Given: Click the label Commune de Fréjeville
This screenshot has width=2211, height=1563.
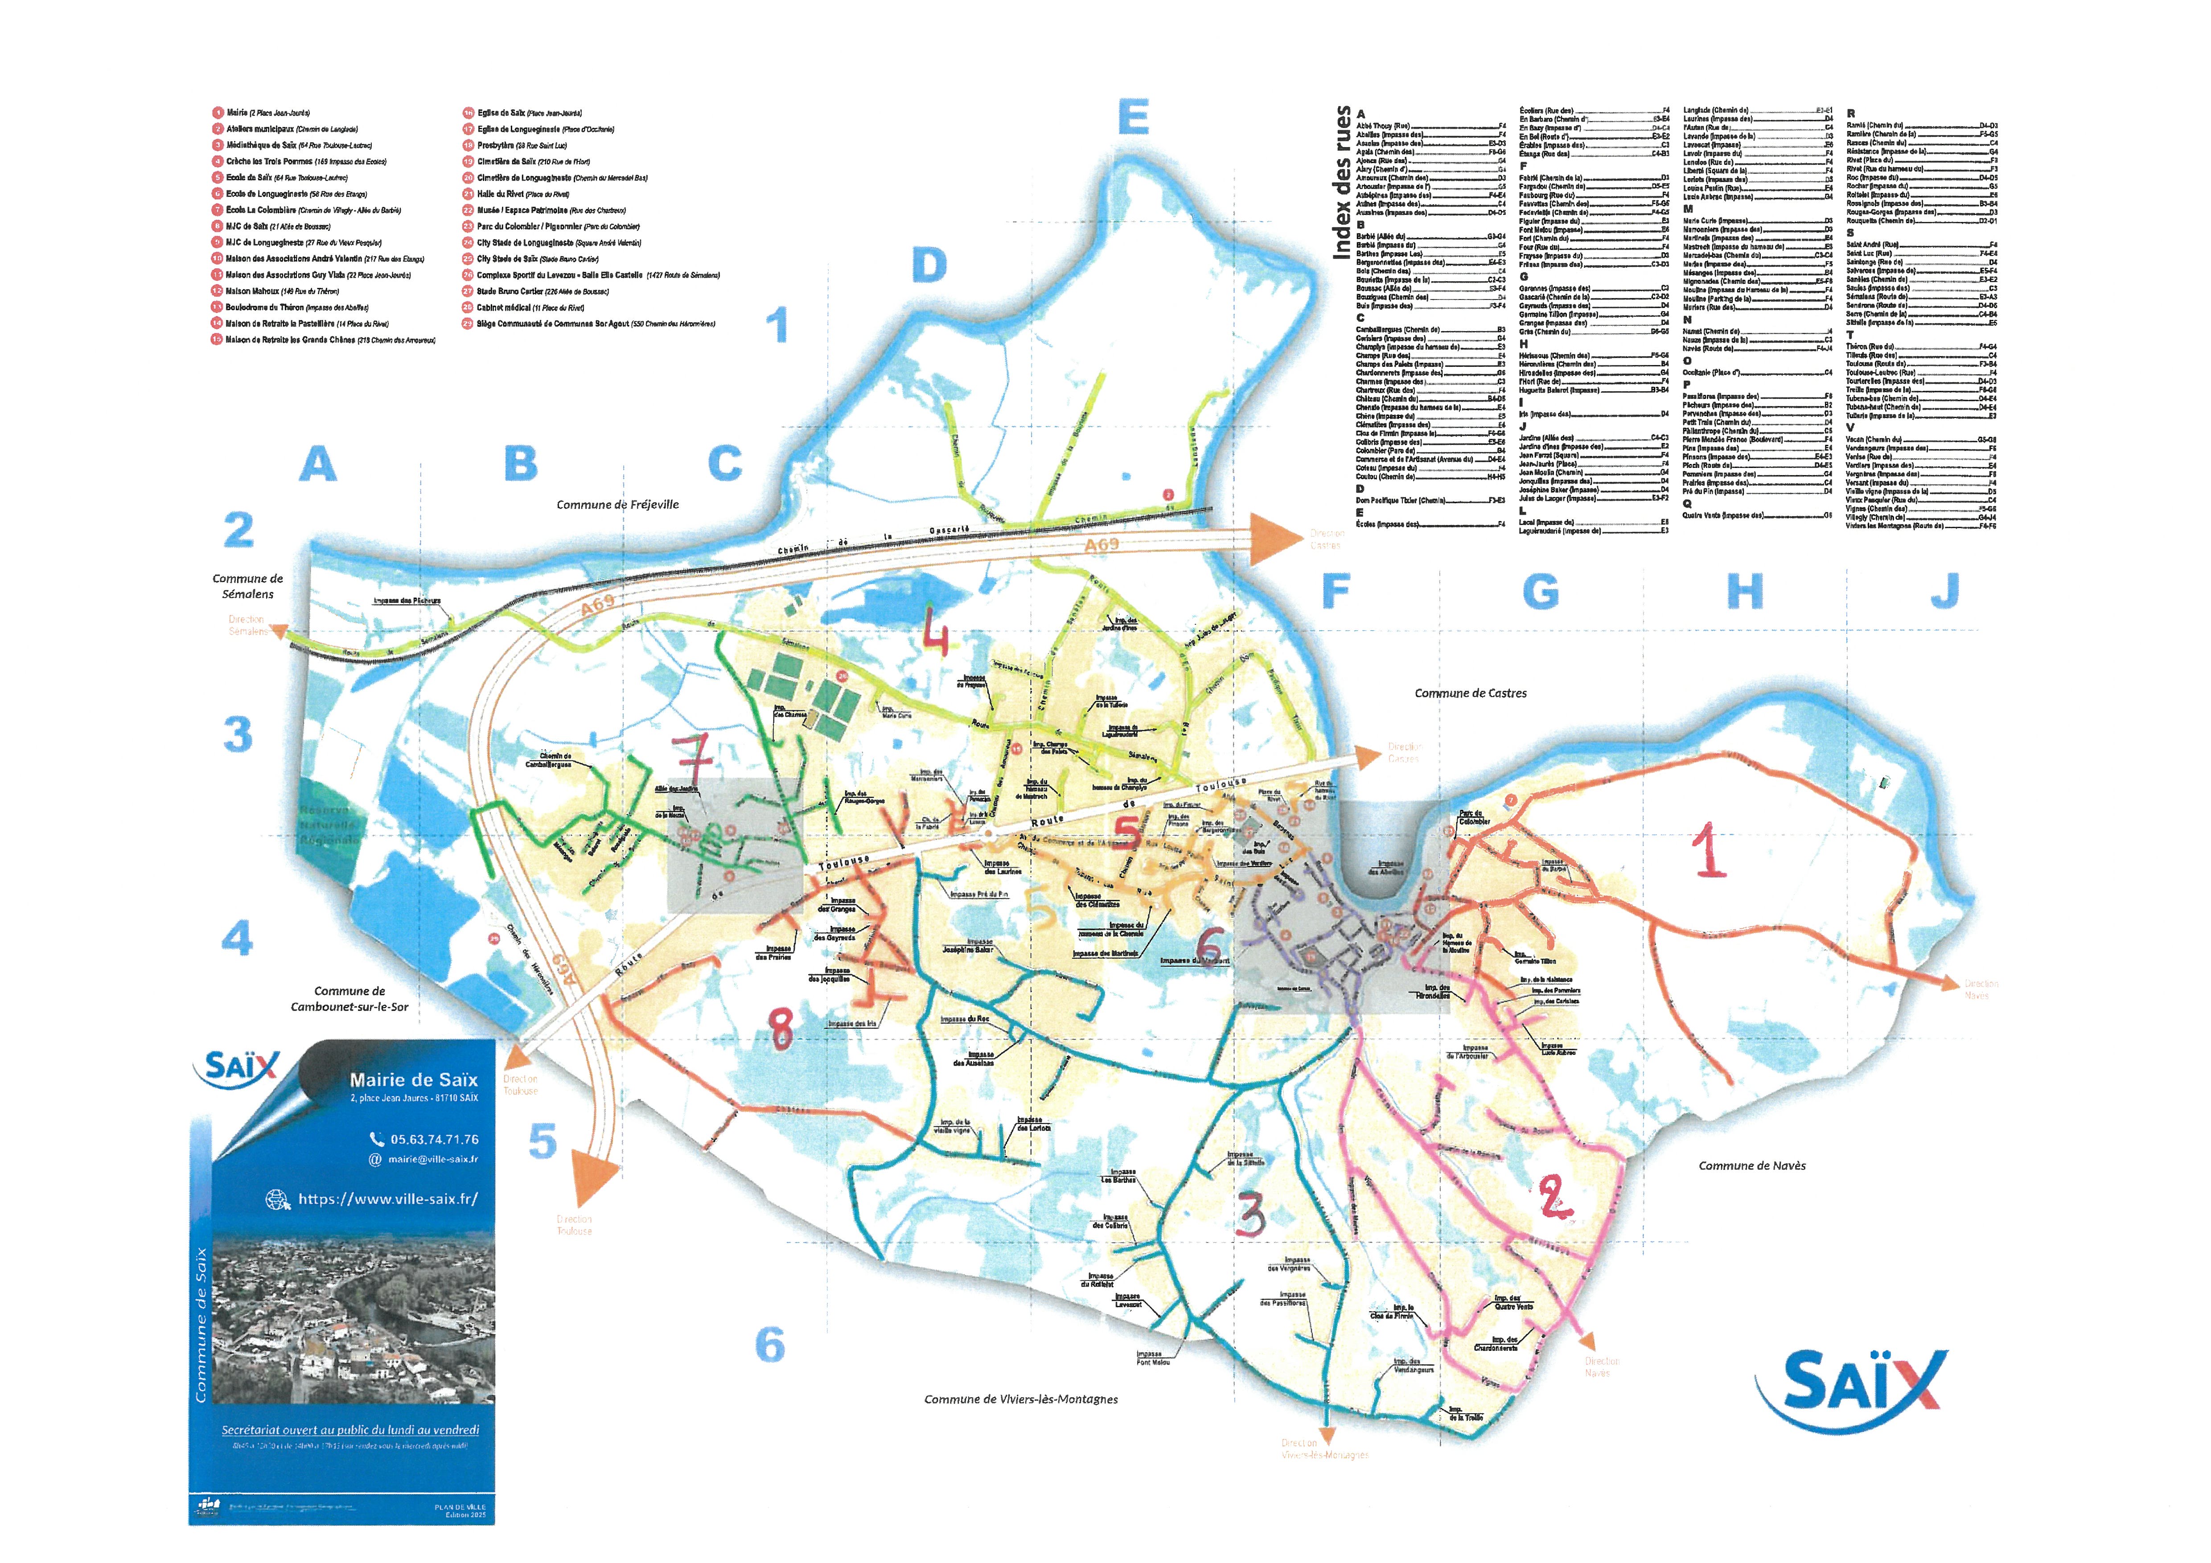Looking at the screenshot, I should tap(617, 505).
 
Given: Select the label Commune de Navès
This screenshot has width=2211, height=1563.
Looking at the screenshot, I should tap(1752, 1165).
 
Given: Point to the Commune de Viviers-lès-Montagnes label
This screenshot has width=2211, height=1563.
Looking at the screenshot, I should tap(1021, 1399).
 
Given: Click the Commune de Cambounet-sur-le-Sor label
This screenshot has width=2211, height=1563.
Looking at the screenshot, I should tap(349, 999).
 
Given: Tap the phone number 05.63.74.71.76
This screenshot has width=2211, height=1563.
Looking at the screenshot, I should tap(433, 1139).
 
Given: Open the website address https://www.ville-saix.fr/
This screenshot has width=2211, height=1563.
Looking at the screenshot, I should tap(387, 1199).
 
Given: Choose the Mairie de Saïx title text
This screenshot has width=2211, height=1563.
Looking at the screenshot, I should tap(413, 1079).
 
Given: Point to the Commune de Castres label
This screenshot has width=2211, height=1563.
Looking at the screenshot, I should tap(1471, 693).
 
